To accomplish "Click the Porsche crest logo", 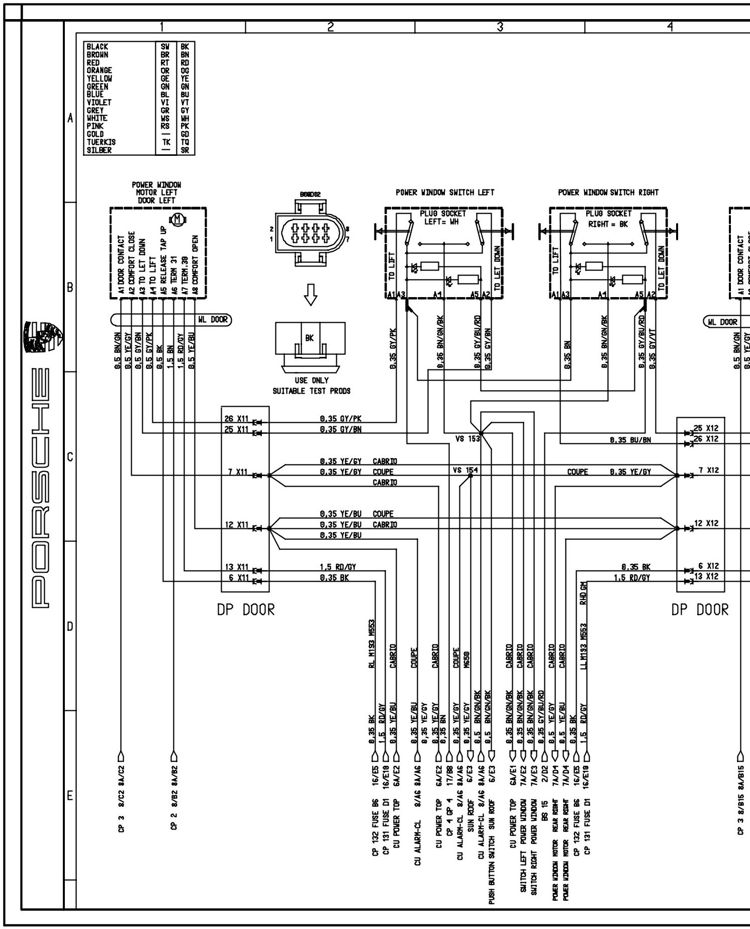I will (x=45, y=337).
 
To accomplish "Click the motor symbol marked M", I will (x=178, y=219).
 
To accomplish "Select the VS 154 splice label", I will (x=465, y=470).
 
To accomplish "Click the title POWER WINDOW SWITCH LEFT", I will (x=445, y=192).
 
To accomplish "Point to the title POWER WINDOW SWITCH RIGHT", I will (x=608, y=192).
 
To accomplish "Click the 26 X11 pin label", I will (x=236, y=418).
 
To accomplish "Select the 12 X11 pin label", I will (x=237, y=525).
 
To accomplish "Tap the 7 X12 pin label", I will (x=708, y=471).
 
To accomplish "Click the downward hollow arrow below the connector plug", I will (x=311, y=296).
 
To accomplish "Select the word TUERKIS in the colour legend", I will (x=101, y=142).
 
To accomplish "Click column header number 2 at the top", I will (x=330, y=27).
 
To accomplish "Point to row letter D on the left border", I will (x=70, y=626).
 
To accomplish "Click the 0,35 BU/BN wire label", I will (x=630, y=440).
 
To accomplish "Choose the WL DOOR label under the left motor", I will (x=219, y=319).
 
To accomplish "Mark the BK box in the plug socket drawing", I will (x=310, y=338).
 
